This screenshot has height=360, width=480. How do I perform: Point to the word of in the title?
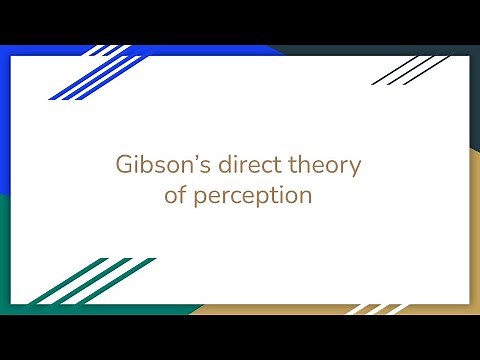[175, 195]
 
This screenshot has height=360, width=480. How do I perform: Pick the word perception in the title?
[253, 196]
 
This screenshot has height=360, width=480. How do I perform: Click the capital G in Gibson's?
[121, 165]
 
